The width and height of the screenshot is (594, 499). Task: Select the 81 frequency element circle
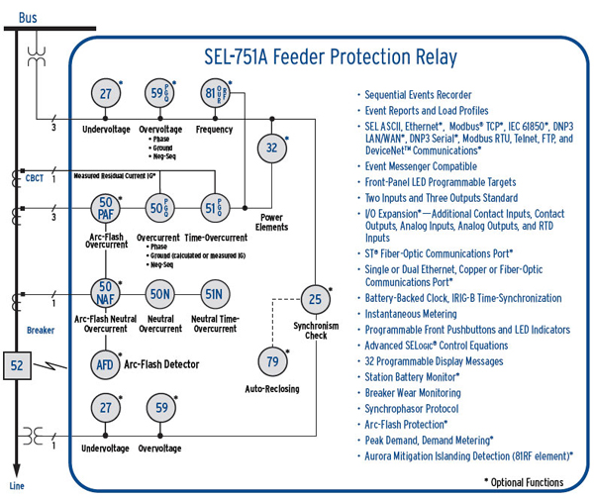pos(213,95)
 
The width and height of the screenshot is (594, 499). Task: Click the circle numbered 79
pos(272,359)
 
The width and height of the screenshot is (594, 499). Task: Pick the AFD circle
pos(105,362)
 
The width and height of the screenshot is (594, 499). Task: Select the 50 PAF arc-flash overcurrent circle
pos(106,208)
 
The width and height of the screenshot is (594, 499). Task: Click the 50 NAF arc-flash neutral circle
pos(106,293)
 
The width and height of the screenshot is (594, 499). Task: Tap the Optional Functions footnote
pos(524,482)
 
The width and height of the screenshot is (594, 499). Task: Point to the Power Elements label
pos(272,222)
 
